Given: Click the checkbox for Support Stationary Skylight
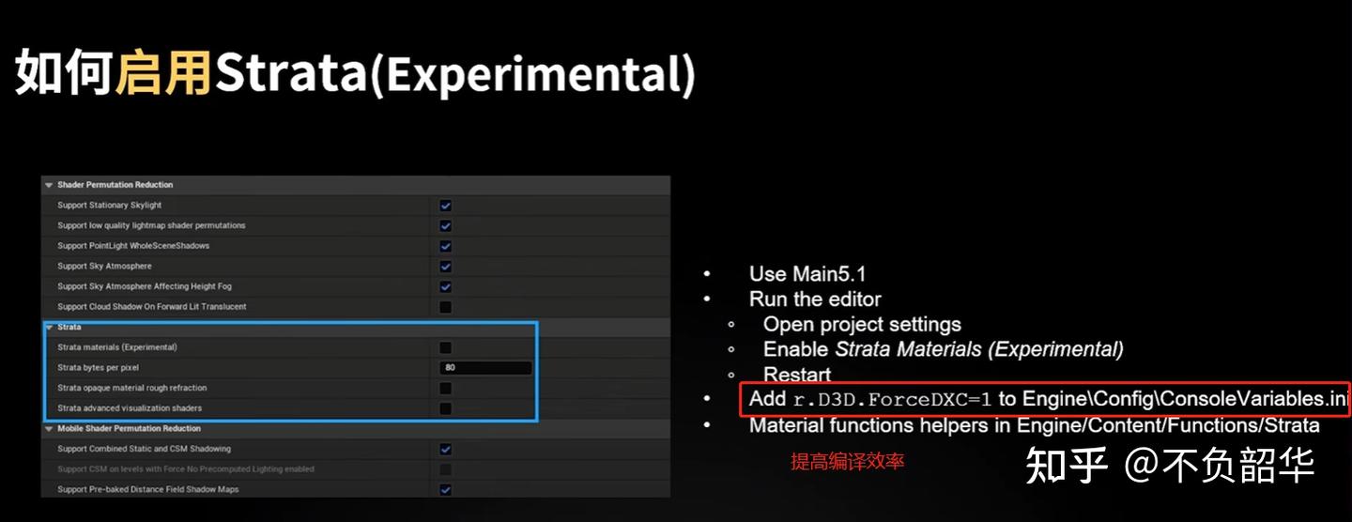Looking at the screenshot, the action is (x=445, y=206).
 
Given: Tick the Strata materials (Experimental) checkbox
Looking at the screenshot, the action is (x=445, y=347).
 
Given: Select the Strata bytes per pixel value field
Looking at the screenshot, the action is (x=485, y=367).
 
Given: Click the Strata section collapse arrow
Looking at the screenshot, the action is (x=49, y=327).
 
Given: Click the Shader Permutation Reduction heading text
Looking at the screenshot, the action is (x=115, y=185).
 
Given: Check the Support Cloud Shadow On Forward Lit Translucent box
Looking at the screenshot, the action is (x=445, y=307).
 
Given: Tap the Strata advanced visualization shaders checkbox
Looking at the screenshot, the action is (x=445, y=408).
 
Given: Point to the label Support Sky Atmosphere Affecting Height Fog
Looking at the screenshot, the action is (x=145, y=286).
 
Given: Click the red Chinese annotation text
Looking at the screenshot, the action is (x=848, y=462).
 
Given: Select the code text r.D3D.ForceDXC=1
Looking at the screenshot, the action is (x=892, y=400).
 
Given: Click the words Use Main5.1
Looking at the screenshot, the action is (x=807, y=274).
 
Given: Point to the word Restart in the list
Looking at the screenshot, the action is (x=797, y=375).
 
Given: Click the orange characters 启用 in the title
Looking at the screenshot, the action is (x=163, y=72).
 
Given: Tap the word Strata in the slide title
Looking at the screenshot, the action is (x=291, y=72).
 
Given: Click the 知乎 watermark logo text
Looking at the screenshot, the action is (x=1067, y=466).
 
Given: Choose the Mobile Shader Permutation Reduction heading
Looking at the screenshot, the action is (x=130, y=428).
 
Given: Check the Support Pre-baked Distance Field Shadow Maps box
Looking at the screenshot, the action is (x=445, y=489).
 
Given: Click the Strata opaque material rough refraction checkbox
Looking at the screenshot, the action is (x=445, y=388).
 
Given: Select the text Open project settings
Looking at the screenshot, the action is (x=862, y=325).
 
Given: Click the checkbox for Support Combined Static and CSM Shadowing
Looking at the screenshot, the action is (x=445, y=449).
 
